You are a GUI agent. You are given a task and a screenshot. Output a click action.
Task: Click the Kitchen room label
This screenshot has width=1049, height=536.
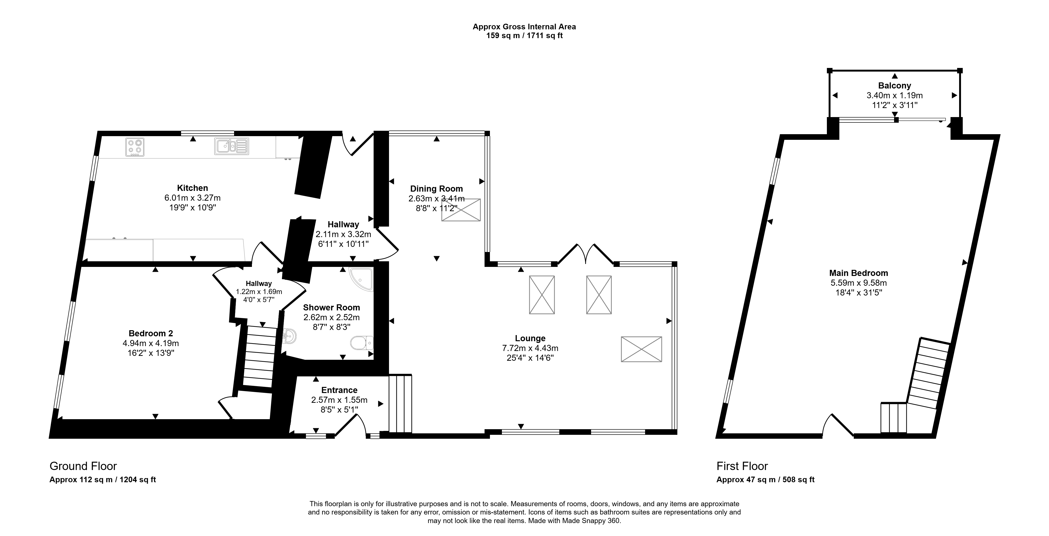(192, 188)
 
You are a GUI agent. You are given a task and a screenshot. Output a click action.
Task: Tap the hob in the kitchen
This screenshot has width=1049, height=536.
(135, 147)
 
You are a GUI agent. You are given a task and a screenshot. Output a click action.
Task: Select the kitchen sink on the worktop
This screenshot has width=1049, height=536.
(231, 146)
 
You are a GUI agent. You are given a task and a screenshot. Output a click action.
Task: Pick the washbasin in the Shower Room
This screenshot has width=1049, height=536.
(289, 336)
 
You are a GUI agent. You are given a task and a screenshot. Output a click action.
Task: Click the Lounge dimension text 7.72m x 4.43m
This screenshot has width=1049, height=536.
(530, 348)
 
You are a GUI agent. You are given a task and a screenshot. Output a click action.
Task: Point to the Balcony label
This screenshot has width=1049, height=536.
(894, 86)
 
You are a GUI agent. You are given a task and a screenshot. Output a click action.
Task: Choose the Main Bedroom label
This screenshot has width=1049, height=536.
(858, 273)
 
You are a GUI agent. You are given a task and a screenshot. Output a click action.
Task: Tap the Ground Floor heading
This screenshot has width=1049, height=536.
(83, 466)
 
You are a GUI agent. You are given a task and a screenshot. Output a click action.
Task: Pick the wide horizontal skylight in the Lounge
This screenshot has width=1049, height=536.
(641, 349)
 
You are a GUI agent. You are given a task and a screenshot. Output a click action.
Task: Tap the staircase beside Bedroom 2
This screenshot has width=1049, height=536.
(259, 356)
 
